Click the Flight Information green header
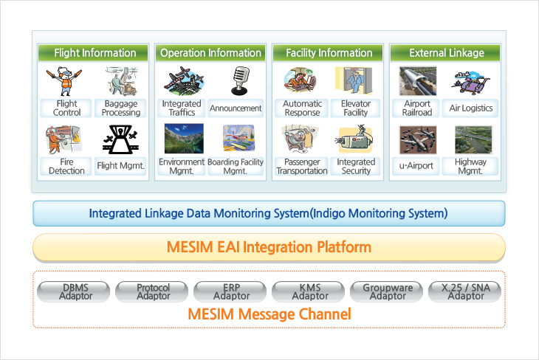tap(93, 53)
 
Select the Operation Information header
tap(210, 53)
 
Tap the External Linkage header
tap(445, 53)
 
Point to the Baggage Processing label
tap(120, 108)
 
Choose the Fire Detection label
tap(66, 166)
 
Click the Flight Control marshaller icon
tap(64, 81)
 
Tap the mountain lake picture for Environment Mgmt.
tap(184, 139)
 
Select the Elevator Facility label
tap(355, 108)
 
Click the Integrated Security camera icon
tap(355, 139)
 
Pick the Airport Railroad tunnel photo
tap(418, 81)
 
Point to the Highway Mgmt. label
tap(470, 166)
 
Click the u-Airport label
tap(416, 166)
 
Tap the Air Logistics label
tap(470, 108)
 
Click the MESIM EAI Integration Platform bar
tap(269, 247)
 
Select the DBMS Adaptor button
tap(74, 291)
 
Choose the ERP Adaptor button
tap(230, 291)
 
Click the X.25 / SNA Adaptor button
tap(464, 291)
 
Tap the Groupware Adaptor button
tap(386, 291)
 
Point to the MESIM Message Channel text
tap(269, 314)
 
